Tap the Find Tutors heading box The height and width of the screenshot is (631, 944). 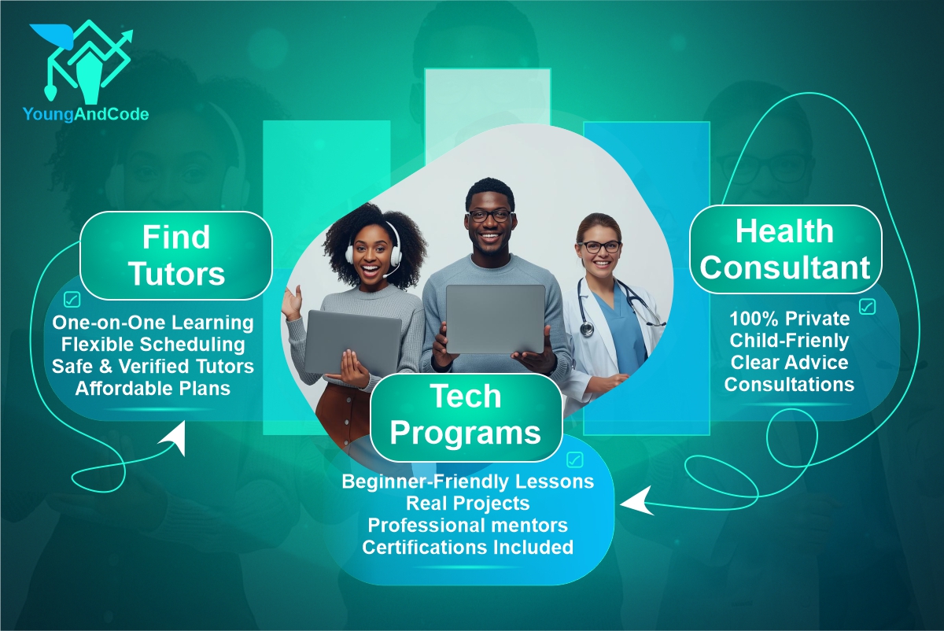(176, 255)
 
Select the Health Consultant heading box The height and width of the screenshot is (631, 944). (785, 249)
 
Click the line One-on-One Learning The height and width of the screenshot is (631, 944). (153, 323)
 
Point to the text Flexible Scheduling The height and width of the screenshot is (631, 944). (153, 345)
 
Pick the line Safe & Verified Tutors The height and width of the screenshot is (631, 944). (153, 366)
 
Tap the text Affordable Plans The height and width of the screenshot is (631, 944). (153, 388)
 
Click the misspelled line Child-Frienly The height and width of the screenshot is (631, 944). (789, 341)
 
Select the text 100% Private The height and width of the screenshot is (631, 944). (789, 319)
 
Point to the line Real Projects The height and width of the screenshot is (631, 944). (467, 502)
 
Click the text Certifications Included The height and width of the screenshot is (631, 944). (467, 546)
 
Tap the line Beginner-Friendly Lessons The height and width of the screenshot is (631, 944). (467, 481)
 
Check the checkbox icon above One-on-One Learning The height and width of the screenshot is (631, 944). (72, 300)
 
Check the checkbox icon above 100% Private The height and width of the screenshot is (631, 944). (867, 306)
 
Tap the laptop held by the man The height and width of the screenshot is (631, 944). (496, 319)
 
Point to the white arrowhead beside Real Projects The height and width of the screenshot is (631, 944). (639, 500)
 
